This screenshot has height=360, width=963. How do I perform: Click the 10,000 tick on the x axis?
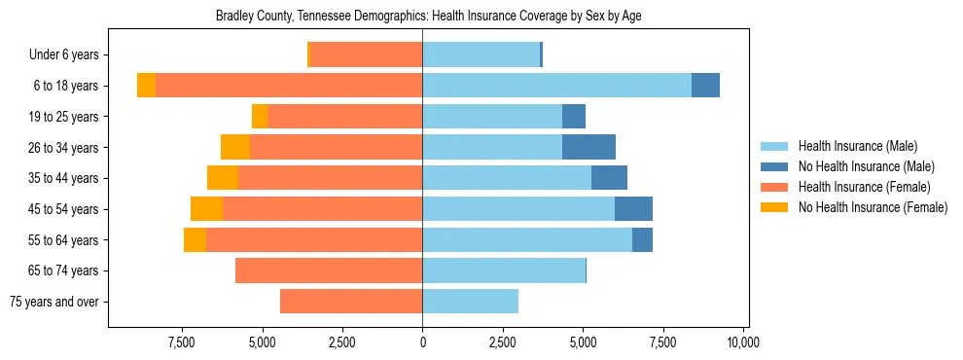pos(743,342)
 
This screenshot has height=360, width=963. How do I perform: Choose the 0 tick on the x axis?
pos(422,342)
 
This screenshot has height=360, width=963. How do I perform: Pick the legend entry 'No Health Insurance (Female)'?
pos(872,207)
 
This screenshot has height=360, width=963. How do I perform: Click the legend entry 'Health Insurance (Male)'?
pos(857,146)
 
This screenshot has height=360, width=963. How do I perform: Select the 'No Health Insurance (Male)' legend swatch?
pos(775,166)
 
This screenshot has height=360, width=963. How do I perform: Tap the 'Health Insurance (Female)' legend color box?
pos(775,187)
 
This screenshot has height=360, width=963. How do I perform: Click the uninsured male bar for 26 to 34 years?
pos(588,147)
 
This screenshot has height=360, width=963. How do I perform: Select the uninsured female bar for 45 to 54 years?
pos(206,209)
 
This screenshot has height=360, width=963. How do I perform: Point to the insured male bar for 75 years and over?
pos(470,302)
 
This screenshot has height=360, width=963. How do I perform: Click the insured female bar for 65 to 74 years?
pos(329,270)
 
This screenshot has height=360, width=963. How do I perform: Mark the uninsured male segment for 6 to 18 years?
pos(705,86)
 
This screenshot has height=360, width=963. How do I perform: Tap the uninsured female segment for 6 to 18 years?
pos(146,86)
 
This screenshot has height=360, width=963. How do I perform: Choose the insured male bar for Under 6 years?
pos(481,54)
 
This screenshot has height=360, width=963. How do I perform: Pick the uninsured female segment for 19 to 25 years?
pos(260,117)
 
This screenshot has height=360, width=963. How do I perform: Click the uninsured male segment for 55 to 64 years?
pos(642,239)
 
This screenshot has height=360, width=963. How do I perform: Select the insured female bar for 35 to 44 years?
pos(330,178)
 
